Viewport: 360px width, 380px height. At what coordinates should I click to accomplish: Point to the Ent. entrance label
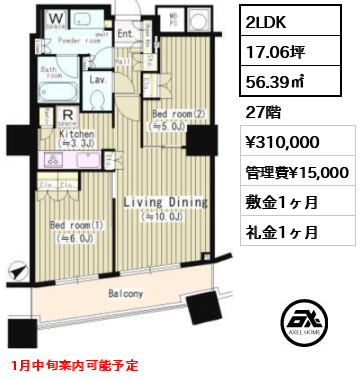pos(127,33)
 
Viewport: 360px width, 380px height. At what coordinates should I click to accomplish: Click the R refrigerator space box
pos(47,116)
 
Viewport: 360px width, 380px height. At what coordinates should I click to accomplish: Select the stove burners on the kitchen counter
pos(50,158)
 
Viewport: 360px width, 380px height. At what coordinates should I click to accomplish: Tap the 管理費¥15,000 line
pos(297,173)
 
